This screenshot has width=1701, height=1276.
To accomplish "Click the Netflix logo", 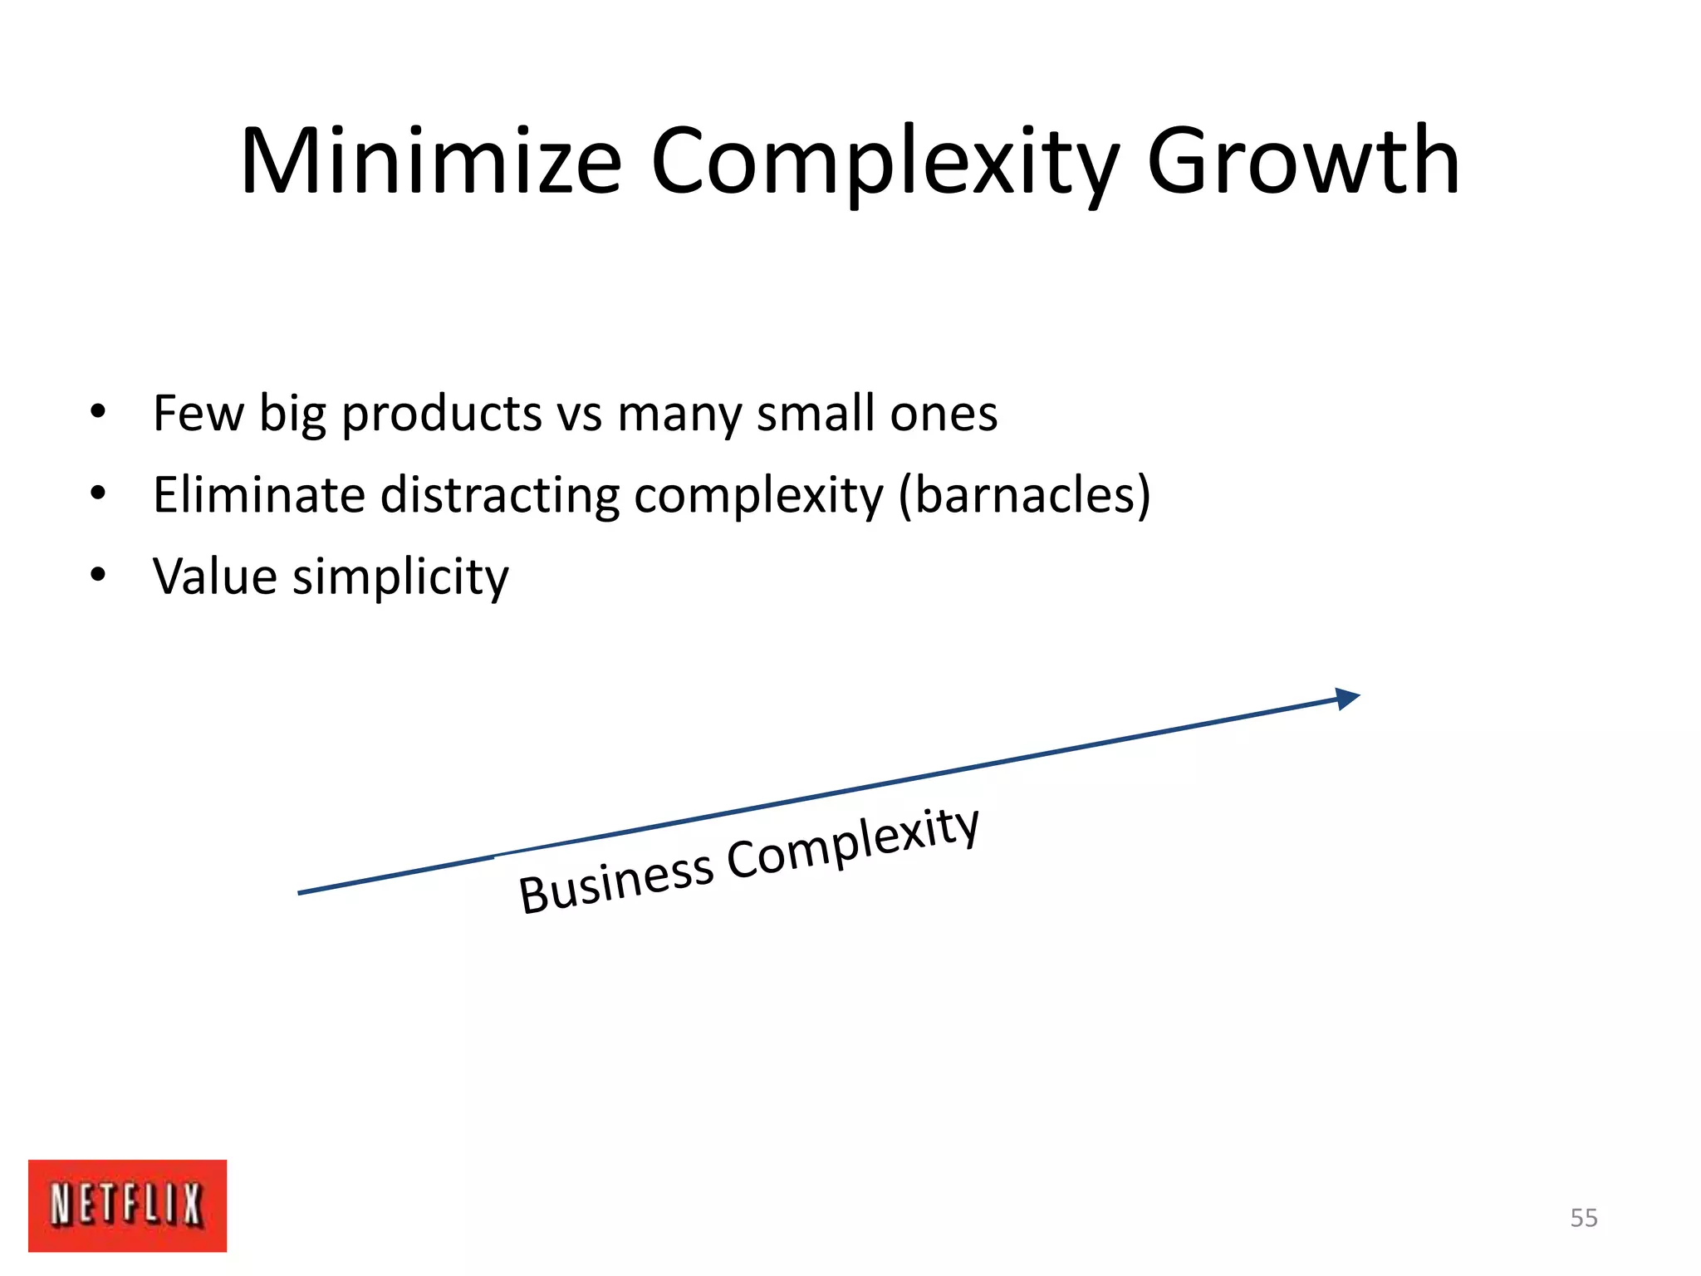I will pos(127,1205).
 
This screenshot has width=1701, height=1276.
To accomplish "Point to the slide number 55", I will pos(1583,1218).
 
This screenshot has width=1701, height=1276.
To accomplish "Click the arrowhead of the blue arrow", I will pos(1346,699).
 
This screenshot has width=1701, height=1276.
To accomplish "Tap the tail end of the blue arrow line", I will pos(301,892).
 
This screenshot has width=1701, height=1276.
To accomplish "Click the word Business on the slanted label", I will pos(615,882).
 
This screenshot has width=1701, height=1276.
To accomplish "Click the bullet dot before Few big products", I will pos(98,412).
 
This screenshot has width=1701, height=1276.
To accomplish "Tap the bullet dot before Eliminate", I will pos(98,494).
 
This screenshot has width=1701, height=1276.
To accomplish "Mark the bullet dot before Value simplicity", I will pos(98,575).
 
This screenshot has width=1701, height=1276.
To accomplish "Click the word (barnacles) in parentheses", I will pos(1025,495).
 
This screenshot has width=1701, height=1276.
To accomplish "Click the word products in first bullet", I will pos(442,414).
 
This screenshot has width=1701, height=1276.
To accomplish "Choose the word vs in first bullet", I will pos(579,414).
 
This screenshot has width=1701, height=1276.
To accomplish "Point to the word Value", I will pos(214,577).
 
